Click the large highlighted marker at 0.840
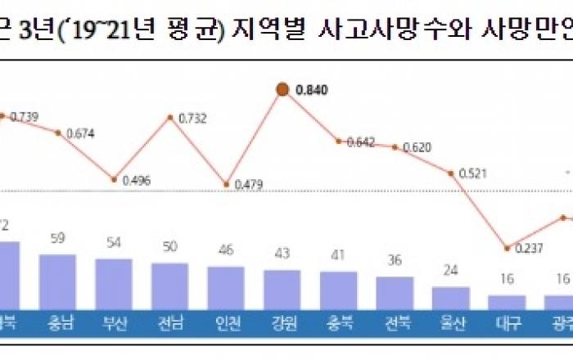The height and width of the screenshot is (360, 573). (x=282, y=90)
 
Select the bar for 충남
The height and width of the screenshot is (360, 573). (x=58, y=281)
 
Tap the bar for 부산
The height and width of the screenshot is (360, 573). (x=114, y=283)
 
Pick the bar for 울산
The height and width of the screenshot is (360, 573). (x=450, y=297)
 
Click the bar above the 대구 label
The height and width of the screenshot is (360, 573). (x=507, y=301)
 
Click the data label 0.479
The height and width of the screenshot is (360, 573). (x=248, y=185)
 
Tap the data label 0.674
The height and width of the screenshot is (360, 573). (x=80, y=133)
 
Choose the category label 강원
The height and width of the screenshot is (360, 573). (x=282, y=322)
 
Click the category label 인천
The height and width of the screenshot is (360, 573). (x=226, y=322)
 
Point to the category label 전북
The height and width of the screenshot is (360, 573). (x=394, y=322)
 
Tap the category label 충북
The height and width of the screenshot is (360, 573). (x=338, y=322)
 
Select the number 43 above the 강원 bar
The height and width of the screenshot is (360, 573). (x=282, y=254)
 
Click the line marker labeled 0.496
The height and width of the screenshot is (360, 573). (x=114, y=179)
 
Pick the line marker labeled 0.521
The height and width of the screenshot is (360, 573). (x=450, y=173)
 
